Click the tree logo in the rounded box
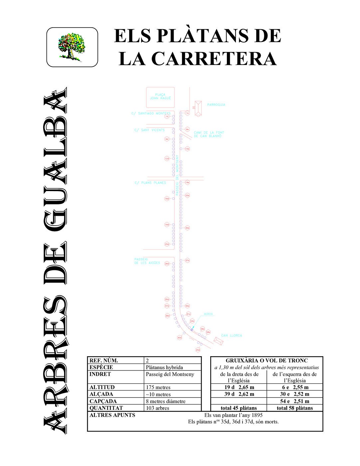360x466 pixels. point(72,47)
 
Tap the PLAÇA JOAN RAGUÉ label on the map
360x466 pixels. point(160,97)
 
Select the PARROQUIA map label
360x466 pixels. point(216,105)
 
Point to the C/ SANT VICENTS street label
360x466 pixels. point(149,130)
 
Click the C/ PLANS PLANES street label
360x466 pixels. point(150,183)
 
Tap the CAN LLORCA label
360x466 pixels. point(232,336)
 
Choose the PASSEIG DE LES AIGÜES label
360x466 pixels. point(147,261)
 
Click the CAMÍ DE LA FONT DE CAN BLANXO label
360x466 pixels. point(209,134)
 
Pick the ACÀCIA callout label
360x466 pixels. point(208,314)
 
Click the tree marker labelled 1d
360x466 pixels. point(167,116)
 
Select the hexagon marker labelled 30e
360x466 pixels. point(187,228)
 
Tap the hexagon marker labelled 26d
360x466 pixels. point(167,264)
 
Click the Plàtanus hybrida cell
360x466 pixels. point(164,367)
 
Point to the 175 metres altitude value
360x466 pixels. point(158,387)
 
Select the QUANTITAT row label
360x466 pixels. point(106,408)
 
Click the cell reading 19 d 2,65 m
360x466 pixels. point(239,387)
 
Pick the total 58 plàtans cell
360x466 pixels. point(295,408)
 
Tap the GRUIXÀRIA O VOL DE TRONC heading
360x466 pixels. point(267,360)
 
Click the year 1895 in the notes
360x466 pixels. point(257,415)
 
